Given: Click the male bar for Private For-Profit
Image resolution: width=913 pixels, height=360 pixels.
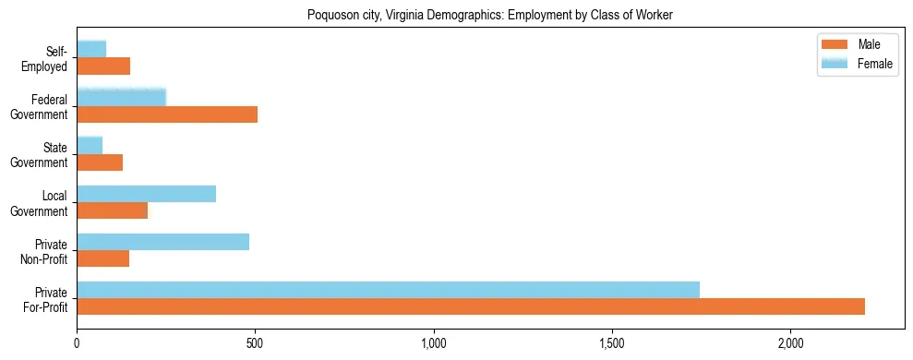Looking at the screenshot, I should point(471,306).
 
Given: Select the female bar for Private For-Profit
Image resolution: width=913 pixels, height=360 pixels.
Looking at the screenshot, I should point(388,289).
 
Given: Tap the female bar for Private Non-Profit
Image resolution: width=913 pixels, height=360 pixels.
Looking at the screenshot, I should point(163,242).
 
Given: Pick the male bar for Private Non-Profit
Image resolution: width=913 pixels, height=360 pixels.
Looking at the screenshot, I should point(103,258).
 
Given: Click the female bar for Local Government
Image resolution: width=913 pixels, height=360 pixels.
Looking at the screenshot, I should point(147,194).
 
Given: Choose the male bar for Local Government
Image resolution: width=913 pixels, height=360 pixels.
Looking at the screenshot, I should point(113,210).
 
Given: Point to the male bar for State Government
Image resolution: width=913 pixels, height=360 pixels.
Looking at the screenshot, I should point(100,162).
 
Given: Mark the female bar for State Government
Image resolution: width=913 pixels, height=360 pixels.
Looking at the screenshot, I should point(90,145).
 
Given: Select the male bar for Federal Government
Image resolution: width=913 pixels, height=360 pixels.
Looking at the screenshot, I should point(167,114).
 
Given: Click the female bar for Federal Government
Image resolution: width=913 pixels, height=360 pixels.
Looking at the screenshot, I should point(122,97).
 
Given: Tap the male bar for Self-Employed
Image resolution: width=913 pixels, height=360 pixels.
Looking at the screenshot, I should point(103,66).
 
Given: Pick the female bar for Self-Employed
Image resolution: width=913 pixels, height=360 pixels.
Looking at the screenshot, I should point(91,49).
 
